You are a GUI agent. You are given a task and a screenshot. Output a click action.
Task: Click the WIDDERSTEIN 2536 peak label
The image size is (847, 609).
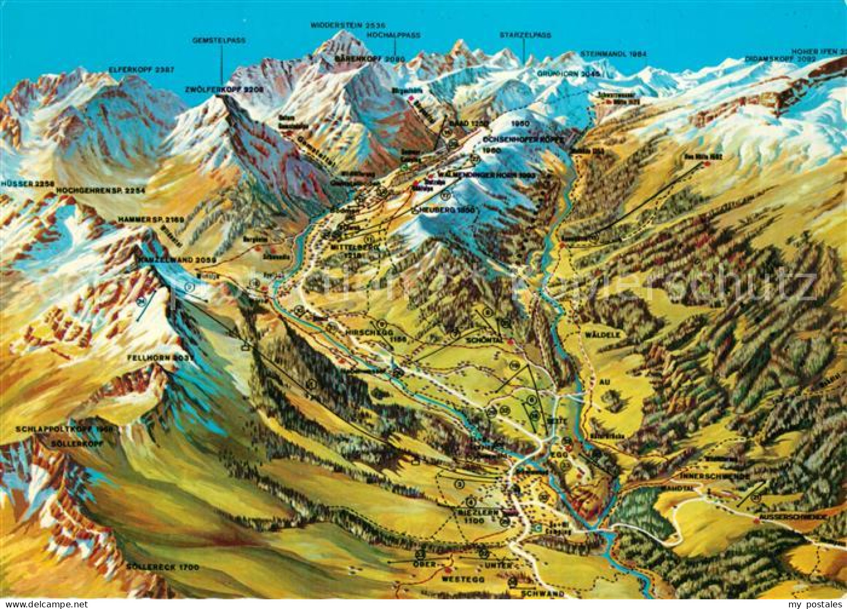[x=348, y=25]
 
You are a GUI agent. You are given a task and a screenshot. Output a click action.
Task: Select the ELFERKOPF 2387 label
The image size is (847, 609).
[x=133, y=69]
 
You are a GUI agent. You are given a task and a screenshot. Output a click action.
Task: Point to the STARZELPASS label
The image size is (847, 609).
[x=525, y=35]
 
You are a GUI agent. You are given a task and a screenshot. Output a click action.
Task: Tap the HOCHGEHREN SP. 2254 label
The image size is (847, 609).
[x=101, y=191]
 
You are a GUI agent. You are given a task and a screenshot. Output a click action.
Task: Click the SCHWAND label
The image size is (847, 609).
[x=542, y=593]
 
